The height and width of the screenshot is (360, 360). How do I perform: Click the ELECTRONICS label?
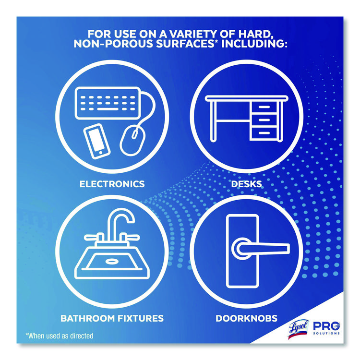coord(112,184)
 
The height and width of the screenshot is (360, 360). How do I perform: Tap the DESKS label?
coord(246,184)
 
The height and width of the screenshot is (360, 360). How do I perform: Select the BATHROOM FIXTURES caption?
coord(112,318)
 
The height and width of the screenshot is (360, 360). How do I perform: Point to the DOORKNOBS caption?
coord(247,318)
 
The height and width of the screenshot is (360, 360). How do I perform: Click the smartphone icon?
coord(96,141)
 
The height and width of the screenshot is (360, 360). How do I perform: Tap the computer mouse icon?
coord(132,141)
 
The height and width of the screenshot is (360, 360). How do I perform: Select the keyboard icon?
coord(108,103)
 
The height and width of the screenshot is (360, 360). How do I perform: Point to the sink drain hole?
coord(112,261)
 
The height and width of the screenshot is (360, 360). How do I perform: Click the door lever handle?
coord(260,249)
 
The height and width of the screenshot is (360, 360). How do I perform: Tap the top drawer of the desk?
coord(264,107)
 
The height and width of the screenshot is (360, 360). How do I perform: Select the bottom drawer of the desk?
coord(264,133)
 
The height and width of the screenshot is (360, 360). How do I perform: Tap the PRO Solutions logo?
coord(326,328)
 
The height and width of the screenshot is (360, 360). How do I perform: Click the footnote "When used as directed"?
coord(60,336)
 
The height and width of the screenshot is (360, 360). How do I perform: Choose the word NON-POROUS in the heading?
coord(113,44)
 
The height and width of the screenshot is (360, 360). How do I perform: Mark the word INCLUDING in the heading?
coord(254,44)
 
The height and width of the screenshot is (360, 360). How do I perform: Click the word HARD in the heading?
coord(255,34)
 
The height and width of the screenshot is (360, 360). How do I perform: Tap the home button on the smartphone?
coord(100,153)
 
